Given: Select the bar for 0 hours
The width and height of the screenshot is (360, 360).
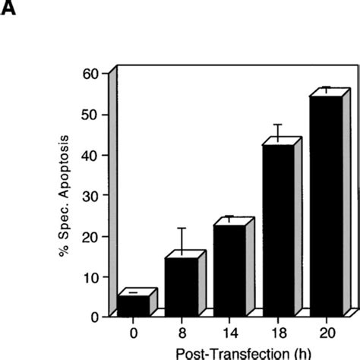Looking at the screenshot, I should pos(133,305).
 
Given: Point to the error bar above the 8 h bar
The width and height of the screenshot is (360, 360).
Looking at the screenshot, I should pos(182,242).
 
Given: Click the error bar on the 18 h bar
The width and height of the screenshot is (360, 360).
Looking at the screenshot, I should pos(277,133).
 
